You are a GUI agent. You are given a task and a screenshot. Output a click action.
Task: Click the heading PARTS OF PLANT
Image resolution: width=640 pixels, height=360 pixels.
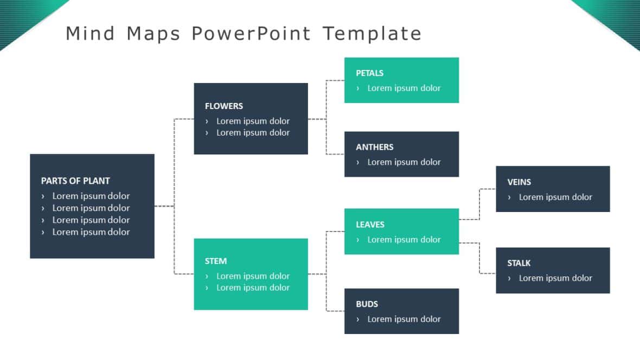click(75, 181)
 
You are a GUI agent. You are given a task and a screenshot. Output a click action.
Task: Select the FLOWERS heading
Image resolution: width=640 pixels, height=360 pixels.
click(224, 106)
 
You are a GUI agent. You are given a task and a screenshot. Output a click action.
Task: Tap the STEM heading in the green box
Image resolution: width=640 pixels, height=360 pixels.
click(216, 261)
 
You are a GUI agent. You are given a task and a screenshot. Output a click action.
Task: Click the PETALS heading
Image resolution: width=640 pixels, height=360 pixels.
click(369, 73)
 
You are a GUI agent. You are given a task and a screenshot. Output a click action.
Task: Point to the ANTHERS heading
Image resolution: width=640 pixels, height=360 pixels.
click(374, 147)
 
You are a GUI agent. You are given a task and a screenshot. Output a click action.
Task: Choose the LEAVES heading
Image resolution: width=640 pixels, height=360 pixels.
click(370, 224)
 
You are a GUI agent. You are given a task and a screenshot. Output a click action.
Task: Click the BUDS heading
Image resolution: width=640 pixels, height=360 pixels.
click(367, 304)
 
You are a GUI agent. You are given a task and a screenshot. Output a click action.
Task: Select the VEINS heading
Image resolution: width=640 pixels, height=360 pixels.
click(519, 182)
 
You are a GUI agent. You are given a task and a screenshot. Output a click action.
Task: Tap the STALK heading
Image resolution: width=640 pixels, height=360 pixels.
click(519, 263)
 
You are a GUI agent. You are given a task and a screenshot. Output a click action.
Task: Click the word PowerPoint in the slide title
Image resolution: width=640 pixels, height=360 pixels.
click(251, 34)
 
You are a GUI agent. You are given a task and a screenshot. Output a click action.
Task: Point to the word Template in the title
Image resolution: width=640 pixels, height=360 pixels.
click(372, 34)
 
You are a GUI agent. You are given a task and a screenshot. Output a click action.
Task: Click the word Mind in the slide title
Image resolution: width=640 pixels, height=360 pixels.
click(90, 34)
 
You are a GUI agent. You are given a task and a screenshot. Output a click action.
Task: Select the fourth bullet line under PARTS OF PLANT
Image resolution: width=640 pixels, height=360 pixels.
click(91, 232)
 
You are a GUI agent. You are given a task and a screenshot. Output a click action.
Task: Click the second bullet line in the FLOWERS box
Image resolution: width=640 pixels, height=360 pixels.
click(253, 133)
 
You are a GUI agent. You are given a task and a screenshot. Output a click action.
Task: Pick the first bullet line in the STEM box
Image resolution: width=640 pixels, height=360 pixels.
click(253, 276)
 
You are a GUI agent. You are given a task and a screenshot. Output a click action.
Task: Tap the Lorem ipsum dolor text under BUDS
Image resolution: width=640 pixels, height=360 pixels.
click(404, 319)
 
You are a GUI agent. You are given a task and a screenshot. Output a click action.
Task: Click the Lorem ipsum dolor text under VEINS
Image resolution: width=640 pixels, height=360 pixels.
click(555, 197)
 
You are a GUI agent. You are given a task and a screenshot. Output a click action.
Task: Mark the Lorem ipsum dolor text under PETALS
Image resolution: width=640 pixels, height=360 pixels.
click(404, 88)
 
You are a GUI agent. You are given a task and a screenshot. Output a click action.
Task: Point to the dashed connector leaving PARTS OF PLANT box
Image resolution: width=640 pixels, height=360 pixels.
click(164, 206)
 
